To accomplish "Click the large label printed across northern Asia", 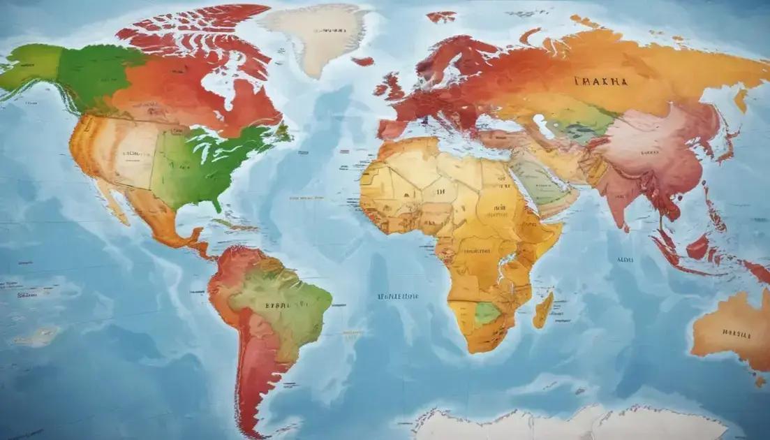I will pos(600,82).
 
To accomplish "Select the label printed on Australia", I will pos(736,334).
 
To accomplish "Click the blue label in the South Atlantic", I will pos(398,296).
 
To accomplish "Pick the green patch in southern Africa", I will pos(487,313).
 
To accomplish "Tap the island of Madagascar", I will pos(543,311).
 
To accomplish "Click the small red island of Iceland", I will pos(362,61).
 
